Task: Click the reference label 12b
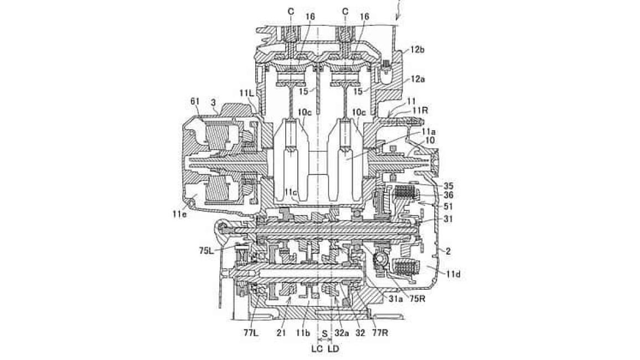[x=417, y=50]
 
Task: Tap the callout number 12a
[x=418, y=80]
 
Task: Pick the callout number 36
[x=448, y=196]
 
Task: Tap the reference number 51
[x=448, y=206]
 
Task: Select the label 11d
[x=453, y=273]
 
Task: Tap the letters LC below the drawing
[x=317, y=349]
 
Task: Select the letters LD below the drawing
[x=333, y=349]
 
